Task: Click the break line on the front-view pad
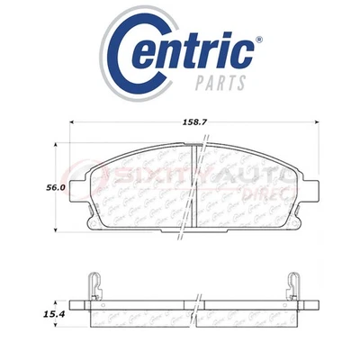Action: pyautogui.click(x=197, y=184)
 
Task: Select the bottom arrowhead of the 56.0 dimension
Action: pyautogui.click(x=58, y=232)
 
